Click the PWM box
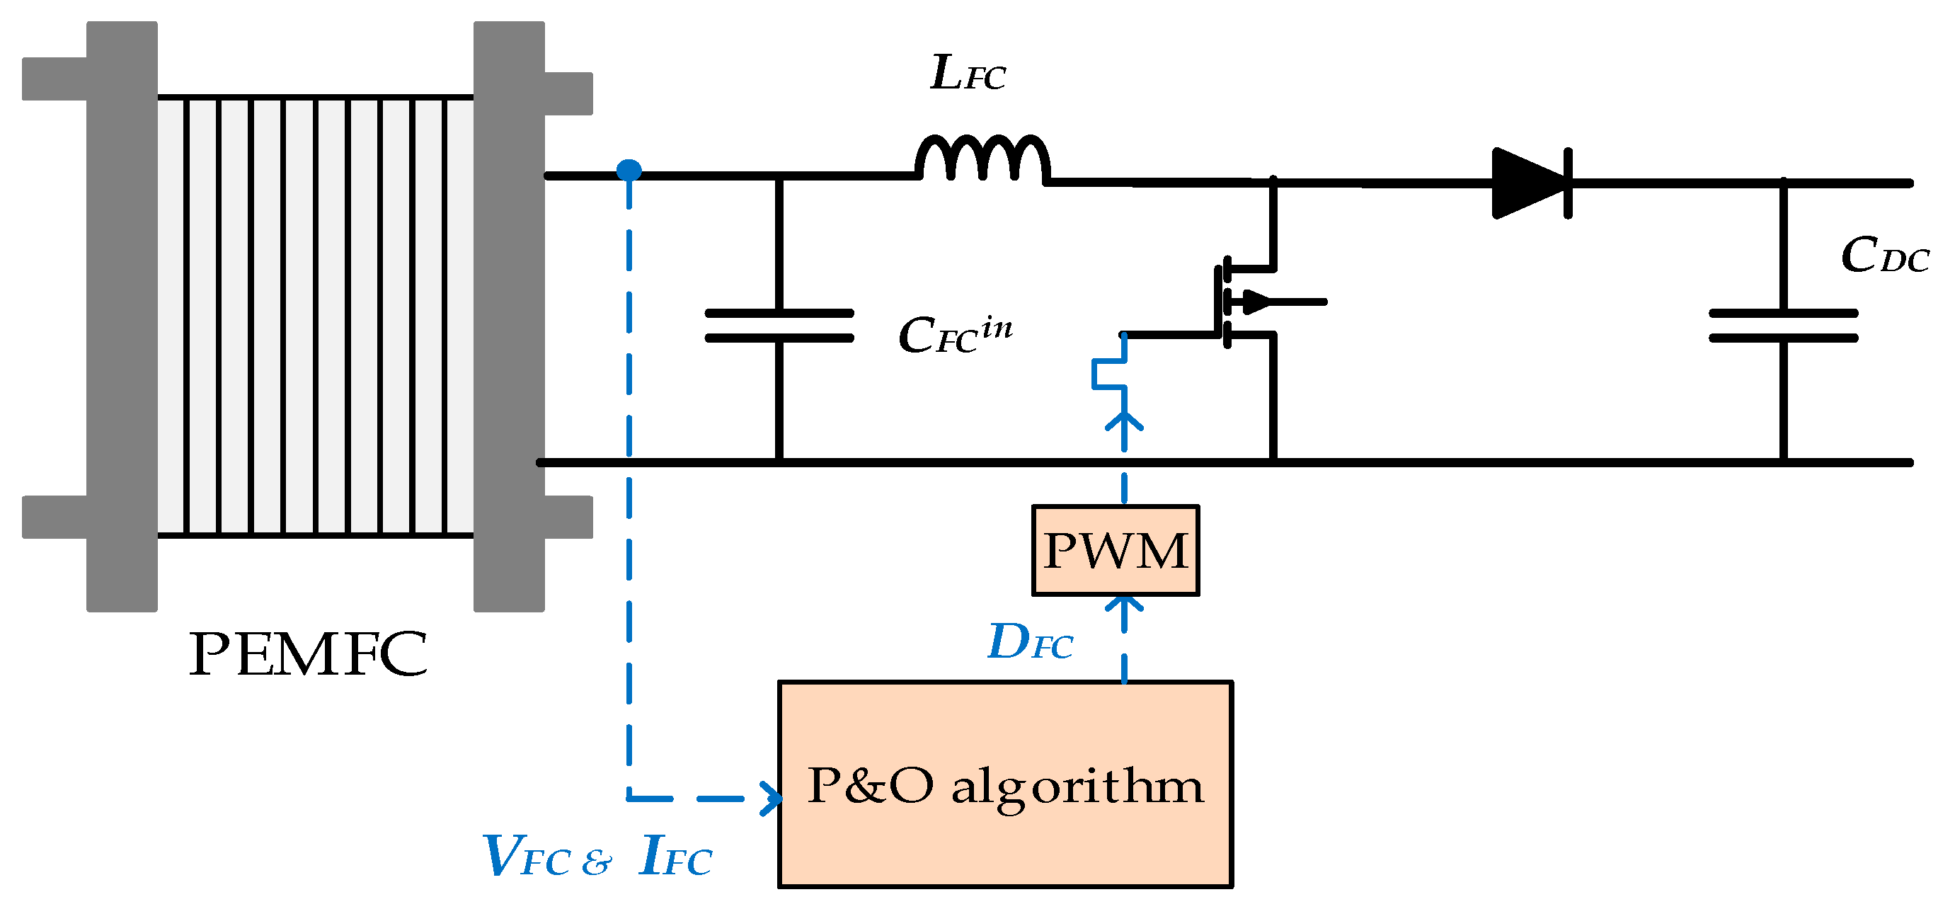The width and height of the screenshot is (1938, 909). [1116, 551]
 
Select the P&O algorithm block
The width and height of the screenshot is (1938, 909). [1005, 785]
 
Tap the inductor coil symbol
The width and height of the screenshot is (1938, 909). [982, 159]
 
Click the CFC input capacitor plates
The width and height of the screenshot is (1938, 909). [779, 325]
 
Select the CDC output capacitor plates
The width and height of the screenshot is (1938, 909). [1784, 325]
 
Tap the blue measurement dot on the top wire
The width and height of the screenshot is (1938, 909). [629, 171]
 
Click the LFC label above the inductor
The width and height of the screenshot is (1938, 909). [968, 74]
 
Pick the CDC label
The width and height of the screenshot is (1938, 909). [1885, 256]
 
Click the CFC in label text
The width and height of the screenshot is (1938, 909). [956, 333]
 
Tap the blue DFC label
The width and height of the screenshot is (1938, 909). [1030, 643]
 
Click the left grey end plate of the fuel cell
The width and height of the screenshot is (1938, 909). [122, 316]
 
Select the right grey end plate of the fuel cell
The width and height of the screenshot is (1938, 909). [509, 316]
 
